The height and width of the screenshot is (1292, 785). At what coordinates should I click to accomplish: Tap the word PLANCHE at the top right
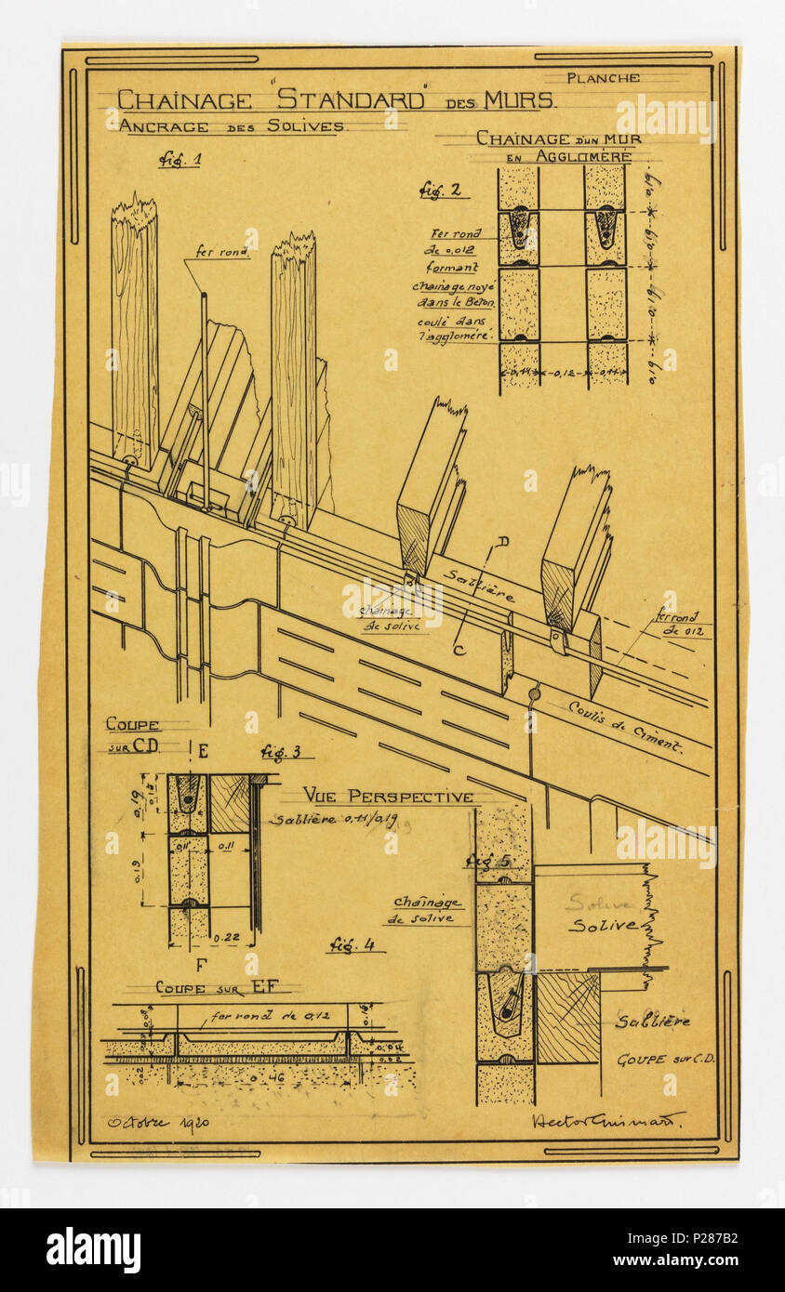click(x=603, y=78)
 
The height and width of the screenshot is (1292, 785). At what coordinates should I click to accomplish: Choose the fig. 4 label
click(x=355, y=945)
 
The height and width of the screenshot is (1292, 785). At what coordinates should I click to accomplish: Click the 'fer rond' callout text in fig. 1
click(x=220, y=251)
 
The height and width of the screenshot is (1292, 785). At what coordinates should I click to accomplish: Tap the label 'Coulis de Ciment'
click(x=625, y=726)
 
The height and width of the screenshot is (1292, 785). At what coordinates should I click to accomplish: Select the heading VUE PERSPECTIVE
click(x=388, y=797)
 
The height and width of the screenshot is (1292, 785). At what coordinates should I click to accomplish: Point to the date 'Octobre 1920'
click(x=157, y=1122)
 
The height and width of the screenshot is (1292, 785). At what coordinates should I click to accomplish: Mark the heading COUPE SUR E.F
click(x=216, y=987)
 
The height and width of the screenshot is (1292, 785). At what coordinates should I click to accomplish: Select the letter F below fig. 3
click(x=200, y=965)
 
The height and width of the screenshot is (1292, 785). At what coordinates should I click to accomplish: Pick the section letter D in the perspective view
click(x=502, y=540)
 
